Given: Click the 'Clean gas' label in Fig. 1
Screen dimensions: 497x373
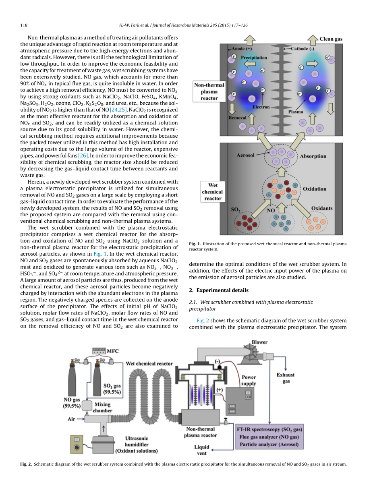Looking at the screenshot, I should pos(331,39).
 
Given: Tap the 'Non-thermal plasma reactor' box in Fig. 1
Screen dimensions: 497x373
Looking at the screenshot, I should pos(209,92).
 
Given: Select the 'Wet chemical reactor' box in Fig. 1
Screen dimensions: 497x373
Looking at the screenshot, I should pos(213,192).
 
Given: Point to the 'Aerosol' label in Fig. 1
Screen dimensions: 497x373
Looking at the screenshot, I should pos(246,155).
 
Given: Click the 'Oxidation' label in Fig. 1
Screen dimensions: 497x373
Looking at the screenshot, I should pos(314,188).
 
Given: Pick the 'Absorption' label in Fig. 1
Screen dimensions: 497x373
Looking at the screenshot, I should pos(313,156).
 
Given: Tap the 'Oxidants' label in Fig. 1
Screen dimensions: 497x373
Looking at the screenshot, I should pos(322,208).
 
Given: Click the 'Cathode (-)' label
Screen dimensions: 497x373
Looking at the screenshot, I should pos(303,49).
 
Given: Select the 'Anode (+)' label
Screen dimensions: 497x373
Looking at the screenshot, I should pos(242,49).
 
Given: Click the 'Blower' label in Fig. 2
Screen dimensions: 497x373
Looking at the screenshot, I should pos(259,342).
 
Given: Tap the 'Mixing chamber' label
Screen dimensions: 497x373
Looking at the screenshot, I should pos(103,407).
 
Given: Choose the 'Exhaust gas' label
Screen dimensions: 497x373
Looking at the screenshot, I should pos(285,378).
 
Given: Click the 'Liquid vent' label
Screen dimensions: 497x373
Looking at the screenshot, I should pos(202,450).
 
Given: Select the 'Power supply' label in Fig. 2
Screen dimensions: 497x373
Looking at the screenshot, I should pos(249,380).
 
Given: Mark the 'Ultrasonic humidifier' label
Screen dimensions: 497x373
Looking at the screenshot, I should pos(137,444).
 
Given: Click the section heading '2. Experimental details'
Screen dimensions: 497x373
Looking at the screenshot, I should pos(219,290).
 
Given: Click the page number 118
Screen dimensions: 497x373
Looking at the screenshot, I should pos(24,25).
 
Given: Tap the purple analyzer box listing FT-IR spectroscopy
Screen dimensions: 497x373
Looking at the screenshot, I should pos(269,437).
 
